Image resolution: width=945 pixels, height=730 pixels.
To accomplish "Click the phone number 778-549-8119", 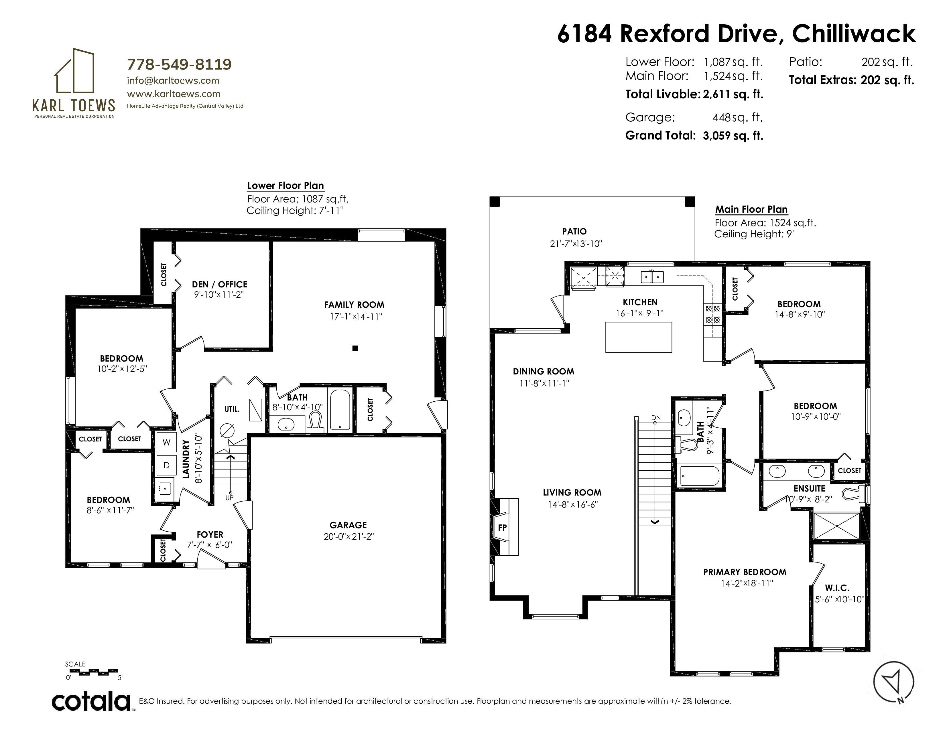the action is [x=179, y=64].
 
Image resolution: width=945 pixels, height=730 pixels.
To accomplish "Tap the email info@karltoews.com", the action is [x=173, y=80].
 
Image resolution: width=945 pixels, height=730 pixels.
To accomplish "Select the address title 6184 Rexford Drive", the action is [x=670, y=34].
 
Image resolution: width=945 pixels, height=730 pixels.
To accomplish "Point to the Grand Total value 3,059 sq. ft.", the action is [x=733, y=136].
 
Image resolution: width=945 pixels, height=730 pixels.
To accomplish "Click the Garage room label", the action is [x=348, y=525].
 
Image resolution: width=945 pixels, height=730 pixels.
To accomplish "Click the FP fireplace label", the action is [x=502, y=528].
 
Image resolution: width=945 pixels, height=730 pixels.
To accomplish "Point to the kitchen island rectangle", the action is [x=639, y=337].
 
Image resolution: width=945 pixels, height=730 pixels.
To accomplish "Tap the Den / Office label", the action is [x=220, y=284].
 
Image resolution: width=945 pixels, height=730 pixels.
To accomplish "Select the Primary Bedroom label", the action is [x=745, y=572].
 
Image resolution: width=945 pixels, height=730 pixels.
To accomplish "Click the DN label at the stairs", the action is [x=656, y=418].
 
